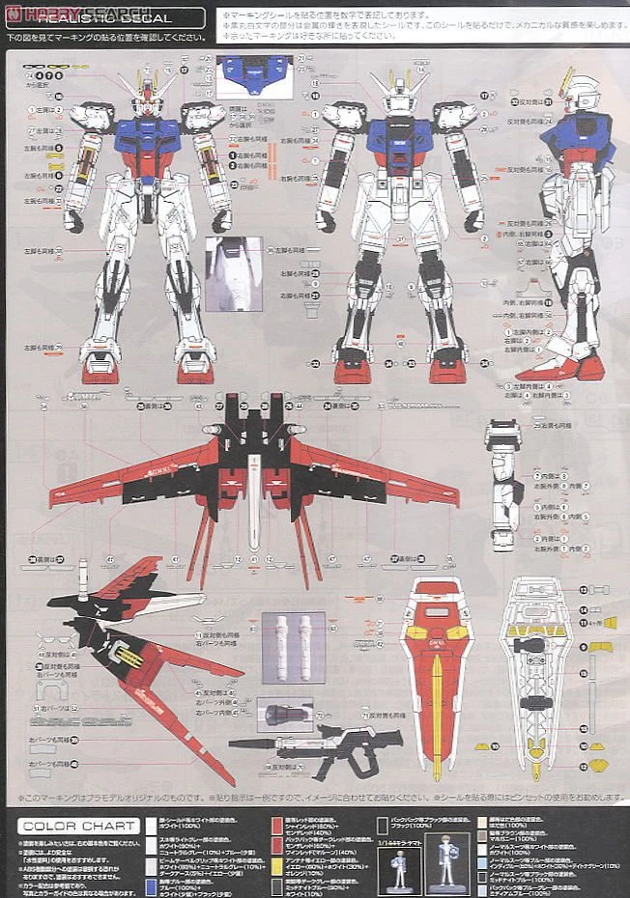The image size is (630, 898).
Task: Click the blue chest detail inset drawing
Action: (254, 72)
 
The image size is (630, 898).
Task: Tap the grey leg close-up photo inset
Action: (233, 273)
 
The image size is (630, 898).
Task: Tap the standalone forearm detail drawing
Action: (503, 483)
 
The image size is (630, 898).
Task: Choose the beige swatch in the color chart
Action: (482, 824)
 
